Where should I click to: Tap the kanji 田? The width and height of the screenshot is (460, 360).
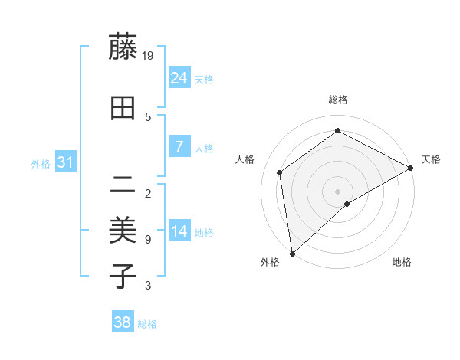click(123, 109)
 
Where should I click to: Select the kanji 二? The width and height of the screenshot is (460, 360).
click(123, 184)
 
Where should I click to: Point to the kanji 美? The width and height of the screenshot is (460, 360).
click(123, 229)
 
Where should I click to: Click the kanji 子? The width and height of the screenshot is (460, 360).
click(123, 275)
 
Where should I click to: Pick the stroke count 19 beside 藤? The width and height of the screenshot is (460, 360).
click(149, 55)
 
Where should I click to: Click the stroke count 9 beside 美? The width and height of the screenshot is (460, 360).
click(147, 240)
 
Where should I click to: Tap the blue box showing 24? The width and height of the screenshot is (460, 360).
click(179, 78)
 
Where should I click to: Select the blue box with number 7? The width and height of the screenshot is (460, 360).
click(179, 147)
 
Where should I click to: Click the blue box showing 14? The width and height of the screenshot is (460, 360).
click(179, 231)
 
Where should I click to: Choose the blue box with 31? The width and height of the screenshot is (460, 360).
click(66, 162)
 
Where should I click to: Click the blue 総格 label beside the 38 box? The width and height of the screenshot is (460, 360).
click(148, 324)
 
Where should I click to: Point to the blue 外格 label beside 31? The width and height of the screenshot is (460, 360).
click(41, 164)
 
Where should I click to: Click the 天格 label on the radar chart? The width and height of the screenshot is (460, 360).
click(431, 159)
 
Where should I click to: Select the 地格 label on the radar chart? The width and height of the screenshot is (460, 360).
click(402, 262)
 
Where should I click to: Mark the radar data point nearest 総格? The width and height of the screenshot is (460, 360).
click(337, 131)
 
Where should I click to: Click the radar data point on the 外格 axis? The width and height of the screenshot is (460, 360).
click(291, 254)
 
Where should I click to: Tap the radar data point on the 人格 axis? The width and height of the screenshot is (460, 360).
click(280, 172)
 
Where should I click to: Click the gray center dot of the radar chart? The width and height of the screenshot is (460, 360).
click(337, 191)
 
